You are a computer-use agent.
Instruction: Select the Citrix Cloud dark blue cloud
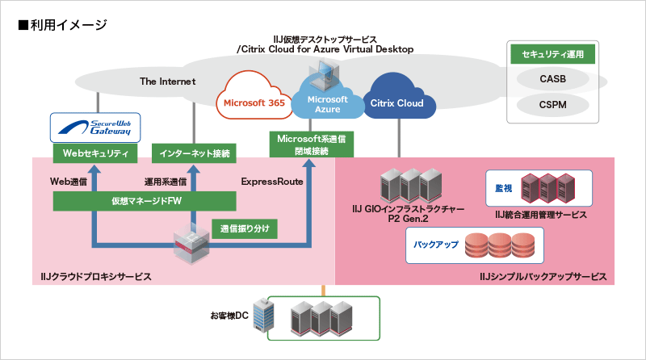397,103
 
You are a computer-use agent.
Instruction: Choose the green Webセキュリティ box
90,152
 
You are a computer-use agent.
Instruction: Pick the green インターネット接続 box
192,152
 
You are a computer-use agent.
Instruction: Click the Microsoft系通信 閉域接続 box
312,144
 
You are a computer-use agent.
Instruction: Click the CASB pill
553,79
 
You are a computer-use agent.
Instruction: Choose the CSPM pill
553,104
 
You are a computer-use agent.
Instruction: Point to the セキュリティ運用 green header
553,55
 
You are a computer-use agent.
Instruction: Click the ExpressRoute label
272,182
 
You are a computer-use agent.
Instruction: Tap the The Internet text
167,82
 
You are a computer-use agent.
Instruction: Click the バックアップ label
436,243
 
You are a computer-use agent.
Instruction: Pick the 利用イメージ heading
61,25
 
